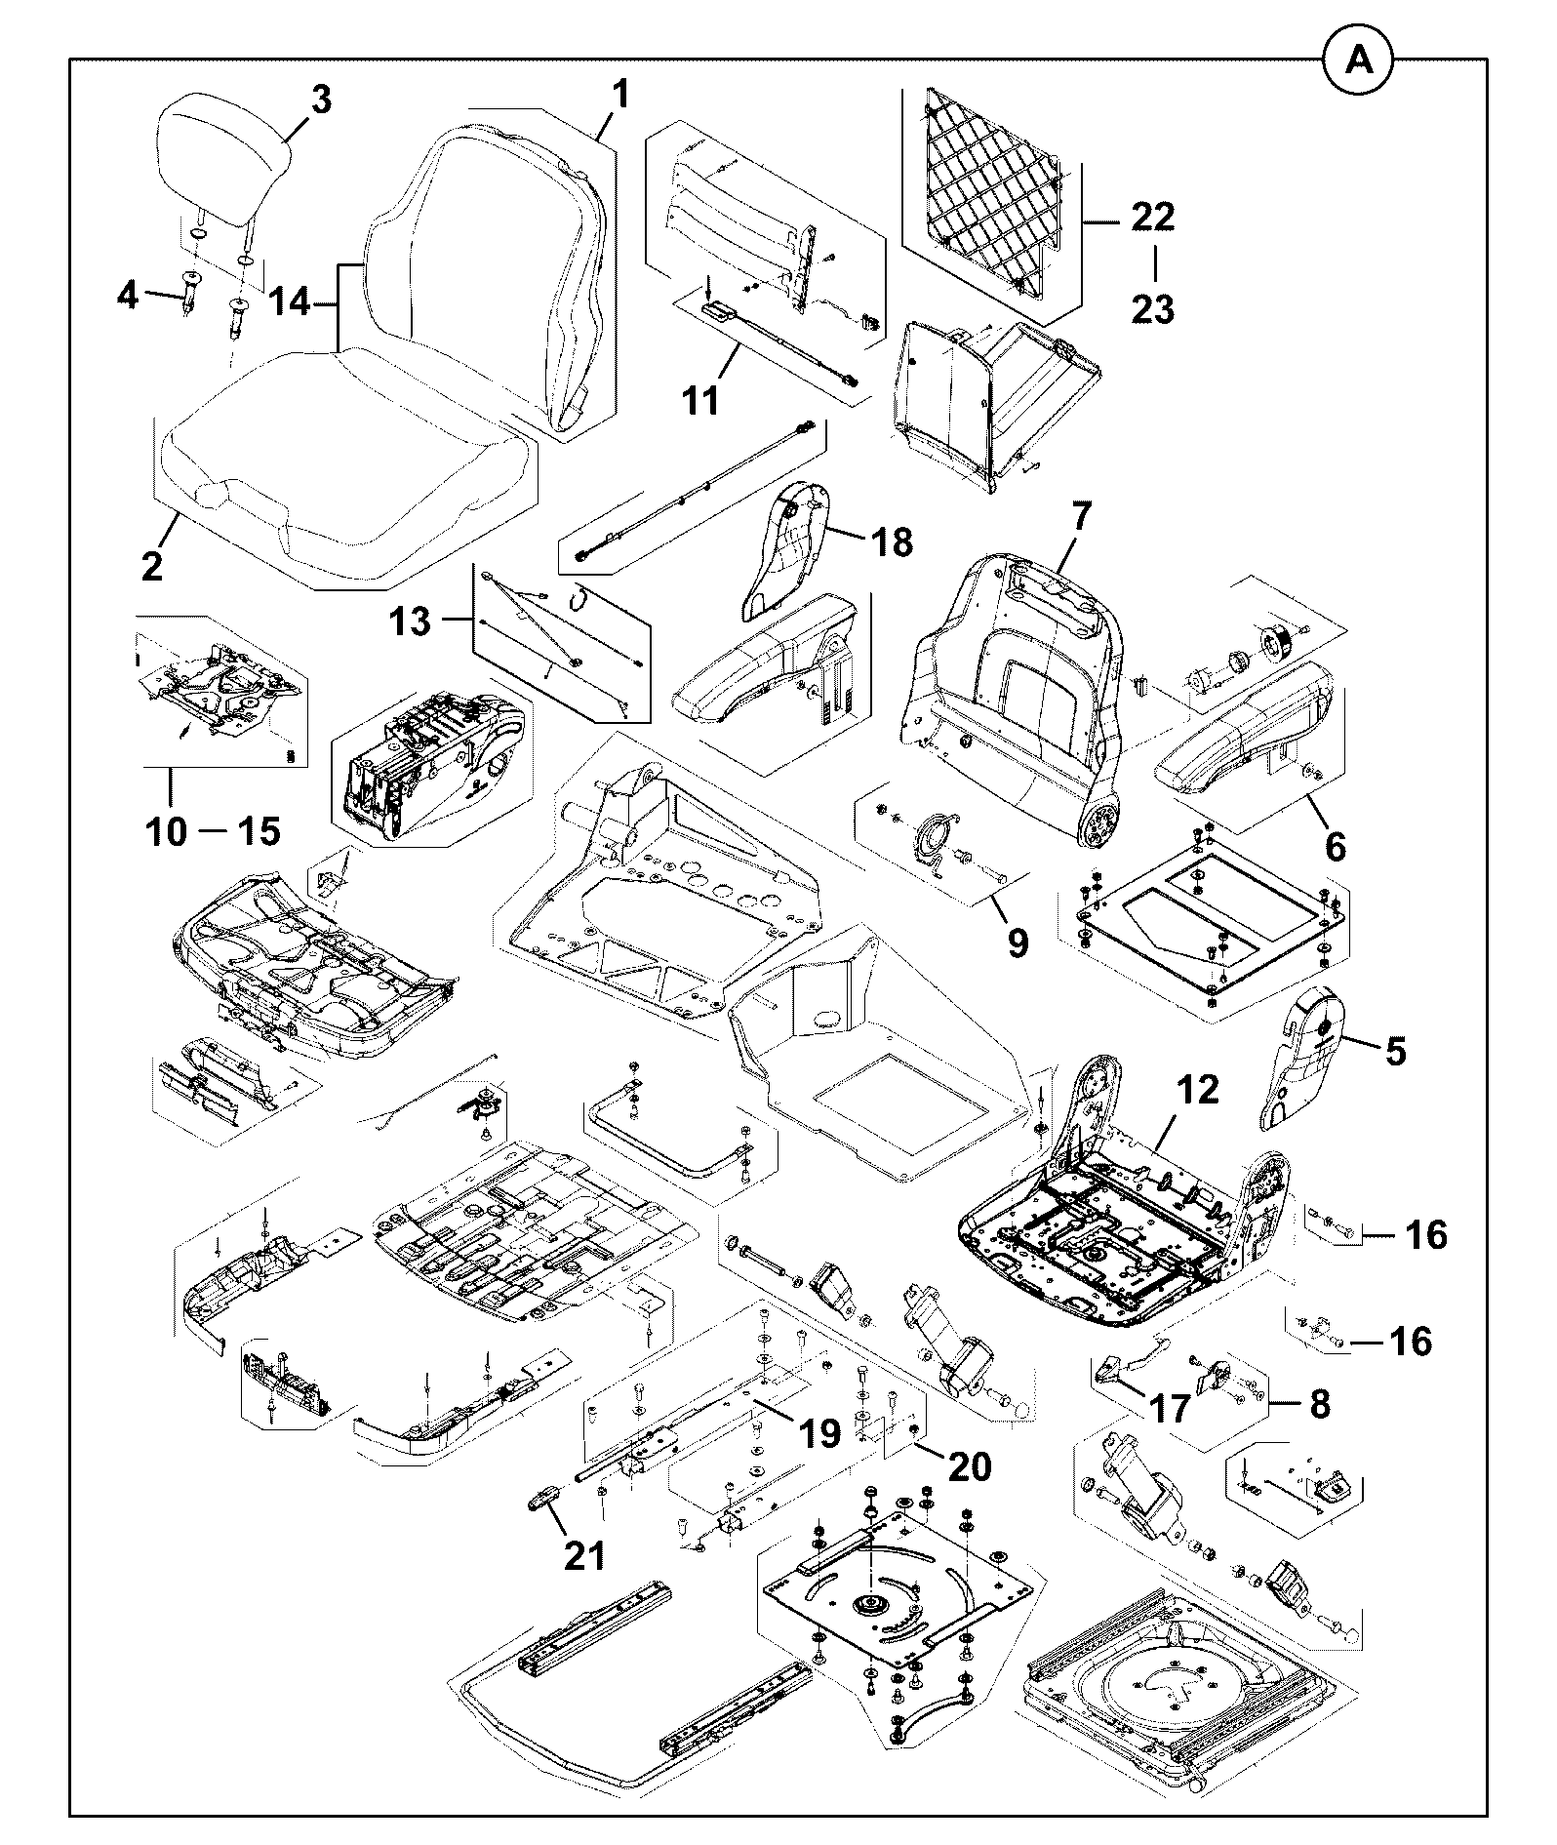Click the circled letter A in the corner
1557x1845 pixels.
coord(1358,60)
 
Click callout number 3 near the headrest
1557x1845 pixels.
coord(320,100)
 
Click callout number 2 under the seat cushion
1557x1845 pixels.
coord(152,566)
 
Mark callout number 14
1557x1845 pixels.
coord(290,302)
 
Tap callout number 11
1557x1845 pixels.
coord(699,399)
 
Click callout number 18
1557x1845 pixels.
coord(891,541)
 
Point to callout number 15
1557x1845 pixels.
coord(258,830)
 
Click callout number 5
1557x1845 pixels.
coord(1395,1052)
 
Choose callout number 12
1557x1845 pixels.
coord(1198,1089)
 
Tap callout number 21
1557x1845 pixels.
coord(585,1555)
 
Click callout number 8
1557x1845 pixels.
coord(1319,1404)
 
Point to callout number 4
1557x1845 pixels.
coord(128,295)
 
